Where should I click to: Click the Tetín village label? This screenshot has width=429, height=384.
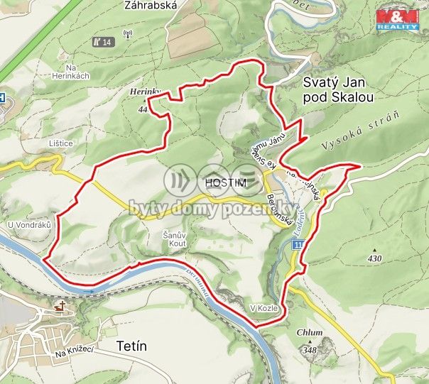[x=131, y=346]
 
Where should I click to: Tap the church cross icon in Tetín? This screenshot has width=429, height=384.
[x=60, y=307]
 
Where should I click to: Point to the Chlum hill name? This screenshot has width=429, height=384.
[x=310, y=332]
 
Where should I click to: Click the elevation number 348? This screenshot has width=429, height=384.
[x=309, y=349]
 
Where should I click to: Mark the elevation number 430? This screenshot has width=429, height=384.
[x=375, y=259]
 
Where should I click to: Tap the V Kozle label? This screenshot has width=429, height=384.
[x=262, y=309]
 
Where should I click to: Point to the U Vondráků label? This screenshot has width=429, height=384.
[x=30, y=225]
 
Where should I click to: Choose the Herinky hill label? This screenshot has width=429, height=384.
[x=146, y=92]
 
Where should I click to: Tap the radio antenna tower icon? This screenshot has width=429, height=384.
[x=128, y=33]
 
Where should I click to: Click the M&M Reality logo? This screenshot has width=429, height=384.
[x=397, y=18]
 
